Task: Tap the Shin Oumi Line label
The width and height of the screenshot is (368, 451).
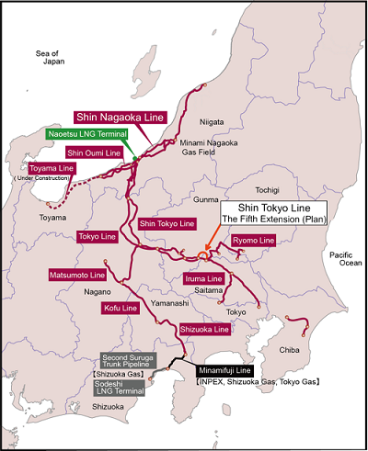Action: pos(93,152)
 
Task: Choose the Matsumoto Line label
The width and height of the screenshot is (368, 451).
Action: pos(78,275)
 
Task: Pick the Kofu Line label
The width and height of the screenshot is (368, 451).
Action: pos(120,308)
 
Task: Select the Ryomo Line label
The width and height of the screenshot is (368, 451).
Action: pos(252,241)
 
